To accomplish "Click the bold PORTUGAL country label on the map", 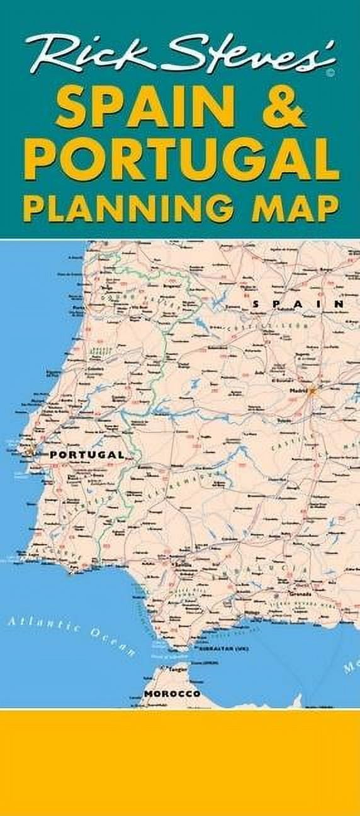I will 86,454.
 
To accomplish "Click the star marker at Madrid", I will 312,390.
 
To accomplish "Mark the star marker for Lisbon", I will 29,451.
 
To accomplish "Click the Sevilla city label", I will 184,565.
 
